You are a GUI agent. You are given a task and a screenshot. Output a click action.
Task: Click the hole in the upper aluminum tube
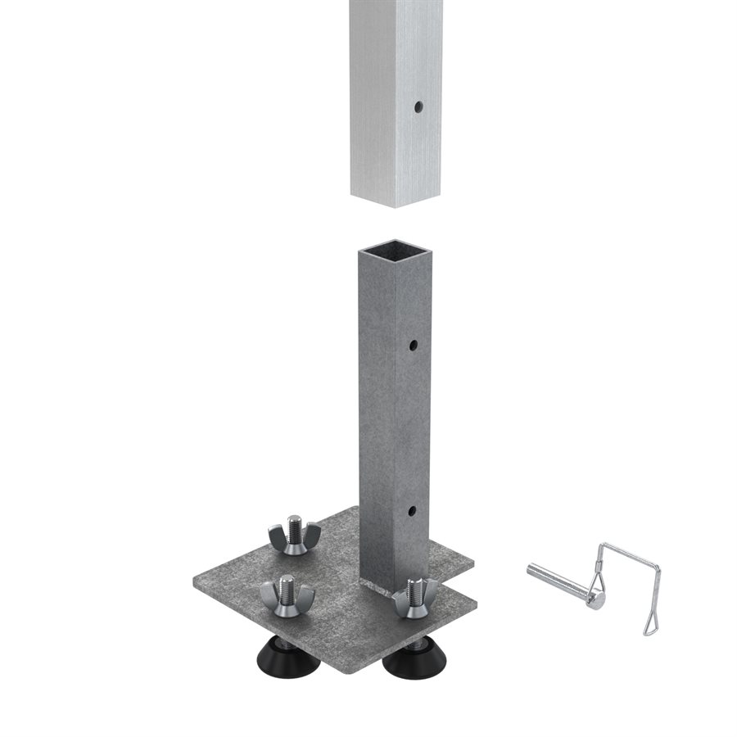[x=418, y=106]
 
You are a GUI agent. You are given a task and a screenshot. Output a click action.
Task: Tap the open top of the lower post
[x=395, y=247]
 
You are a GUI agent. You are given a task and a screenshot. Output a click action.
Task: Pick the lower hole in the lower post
[x=411, y=511]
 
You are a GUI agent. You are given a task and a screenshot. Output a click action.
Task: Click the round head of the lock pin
[x=596, y=600]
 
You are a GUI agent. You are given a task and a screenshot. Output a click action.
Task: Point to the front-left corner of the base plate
[x=197, y=582]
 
